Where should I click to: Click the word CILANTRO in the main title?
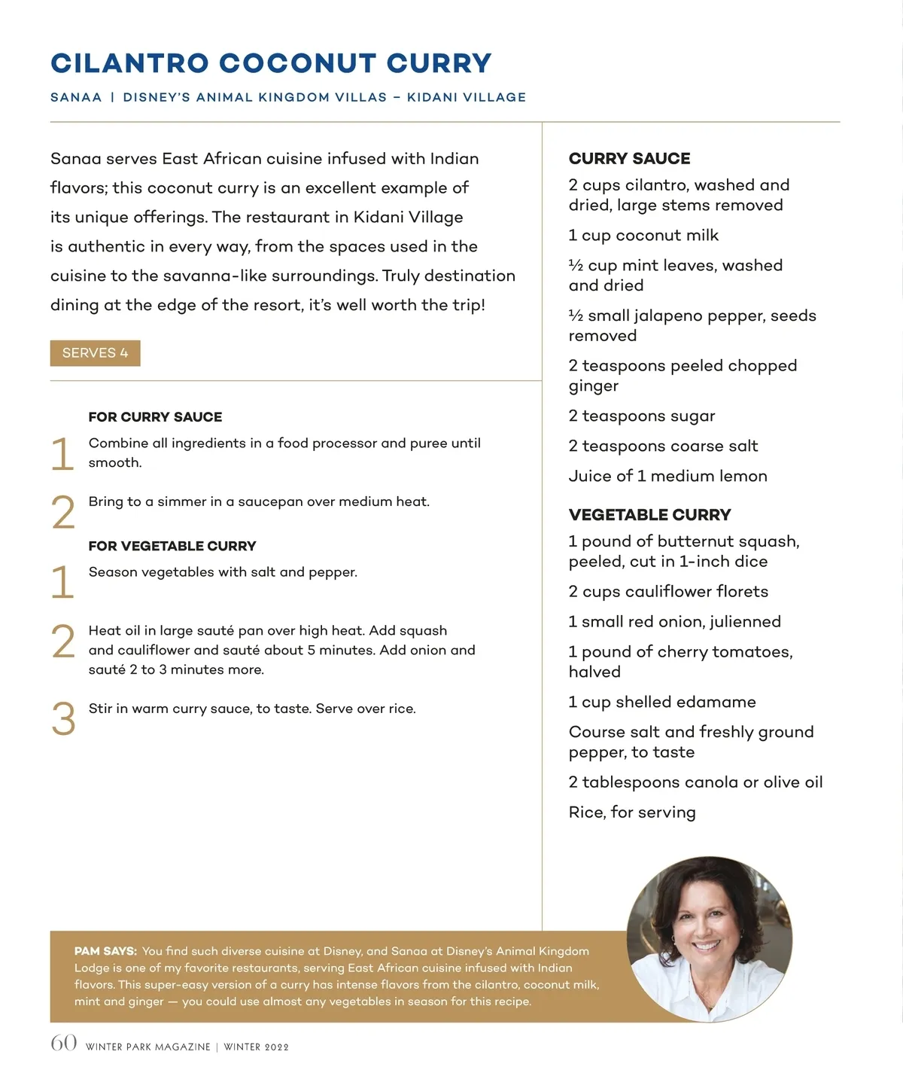point(129,64)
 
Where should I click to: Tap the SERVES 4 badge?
point(95,353)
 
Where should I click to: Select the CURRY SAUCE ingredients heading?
point(629,159)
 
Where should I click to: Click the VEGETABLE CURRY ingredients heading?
point(649,515)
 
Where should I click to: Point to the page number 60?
point(64,1043)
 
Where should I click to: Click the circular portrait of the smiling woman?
point(709,939)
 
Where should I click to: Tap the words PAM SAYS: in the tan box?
point(105,952)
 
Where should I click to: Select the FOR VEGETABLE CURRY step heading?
point(172,546)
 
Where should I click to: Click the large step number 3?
point(64,719)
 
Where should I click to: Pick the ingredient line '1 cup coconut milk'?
point(643,236)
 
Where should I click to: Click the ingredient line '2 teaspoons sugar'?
point(642,416)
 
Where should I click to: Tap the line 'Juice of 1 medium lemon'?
point(667,477)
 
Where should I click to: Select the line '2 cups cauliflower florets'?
point(668,592)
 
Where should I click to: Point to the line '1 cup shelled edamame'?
point(662,703)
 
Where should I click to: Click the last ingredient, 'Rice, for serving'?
point(632,812)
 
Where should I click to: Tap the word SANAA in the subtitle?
point(76,98)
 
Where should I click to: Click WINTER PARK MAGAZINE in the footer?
point(148,1047)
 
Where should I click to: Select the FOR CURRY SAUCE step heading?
point(155,417)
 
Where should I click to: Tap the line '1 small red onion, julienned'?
point(674,622)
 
